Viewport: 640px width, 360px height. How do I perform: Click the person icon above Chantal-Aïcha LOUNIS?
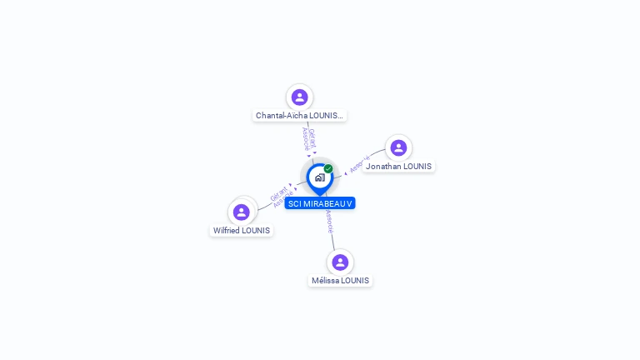click(x=299, y=97)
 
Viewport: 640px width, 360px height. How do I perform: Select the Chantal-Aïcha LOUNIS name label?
click(x=300, y=116)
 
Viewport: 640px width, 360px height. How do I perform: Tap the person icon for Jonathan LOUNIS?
click(x=398, y=148)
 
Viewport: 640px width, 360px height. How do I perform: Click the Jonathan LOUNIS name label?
click(x=398, y=167)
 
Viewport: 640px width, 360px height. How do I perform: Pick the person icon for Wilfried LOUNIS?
click(x=242, y=212)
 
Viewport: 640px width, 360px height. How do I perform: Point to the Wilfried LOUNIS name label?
click(x=242, y=231)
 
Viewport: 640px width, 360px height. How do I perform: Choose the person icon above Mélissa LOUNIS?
click(x=340, y=262)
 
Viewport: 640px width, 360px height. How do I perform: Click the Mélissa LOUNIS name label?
click(x=340, y=281)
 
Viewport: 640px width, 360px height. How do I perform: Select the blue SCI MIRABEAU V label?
click(x=320, y=203)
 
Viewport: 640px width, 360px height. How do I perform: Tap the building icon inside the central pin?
click(x=319, y=177)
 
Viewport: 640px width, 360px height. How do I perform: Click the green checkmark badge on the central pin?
click(x=328, y=168)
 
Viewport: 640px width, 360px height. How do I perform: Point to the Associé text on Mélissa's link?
click(x=330, y=221)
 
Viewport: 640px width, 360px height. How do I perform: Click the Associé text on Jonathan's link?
click(x=359, y=164)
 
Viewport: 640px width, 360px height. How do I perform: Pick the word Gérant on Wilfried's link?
click(x=277, y=193)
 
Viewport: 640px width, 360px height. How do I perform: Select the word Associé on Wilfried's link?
click(x=283, y=200)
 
